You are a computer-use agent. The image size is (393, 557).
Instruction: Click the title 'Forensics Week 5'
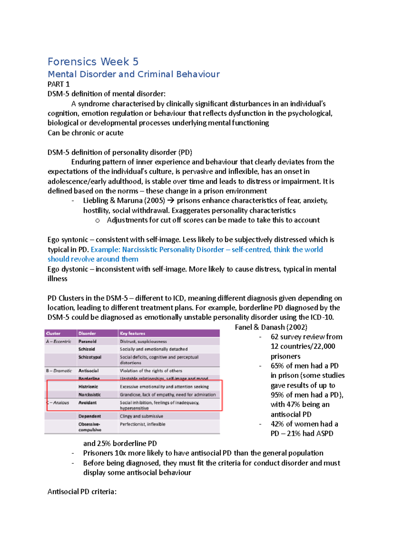[x=93, y=62]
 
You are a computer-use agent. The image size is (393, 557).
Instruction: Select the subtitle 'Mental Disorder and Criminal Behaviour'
[x=134, y=74]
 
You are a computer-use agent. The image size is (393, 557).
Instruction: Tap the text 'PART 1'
[x=59, y=84]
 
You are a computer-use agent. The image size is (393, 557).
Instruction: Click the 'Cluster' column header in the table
[x=53, y=333]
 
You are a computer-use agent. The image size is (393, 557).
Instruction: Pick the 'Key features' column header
[x=132, y=333]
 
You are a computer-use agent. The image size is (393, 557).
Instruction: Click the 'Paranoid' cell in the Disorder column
[x=87, y=341]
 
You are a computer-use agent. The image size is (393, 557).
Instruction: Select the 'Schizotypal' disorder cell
[x=90, y=357]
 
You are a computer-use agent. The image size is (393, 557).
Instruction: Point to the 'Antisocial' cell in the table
[x=88, y=371]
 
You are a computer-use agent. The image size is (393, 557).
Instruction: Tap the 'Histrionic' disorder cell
[x=88, y=387]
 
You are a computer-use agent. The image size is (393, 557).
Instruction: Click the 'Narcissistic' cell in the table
[x=89, y=395]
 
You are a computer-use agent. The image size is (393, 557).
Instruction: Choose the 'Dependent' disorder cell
[x=89, y=416]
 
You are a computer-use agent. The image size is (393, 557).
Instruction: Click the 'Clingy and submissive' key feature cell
[x=141, y=416]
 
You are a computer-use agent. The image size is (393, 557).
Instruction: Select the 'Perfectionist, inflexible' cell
[x=142, y=424]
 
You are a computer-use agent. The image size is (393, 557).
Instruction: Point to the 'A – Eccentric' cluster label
[x=59, y=341]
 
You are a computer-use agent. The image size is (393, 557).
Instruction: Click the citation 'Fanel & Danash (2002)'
[x=271, y=327]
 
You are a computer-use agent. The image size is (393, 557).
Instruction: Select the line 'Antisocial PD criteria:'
[x=82, y=492]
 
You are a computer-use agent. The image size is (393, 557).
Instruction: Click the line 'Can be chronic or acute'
[x=85, y=133]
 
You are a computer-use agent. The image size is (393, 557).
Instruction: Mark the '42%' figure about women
[x=277, y=424]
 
